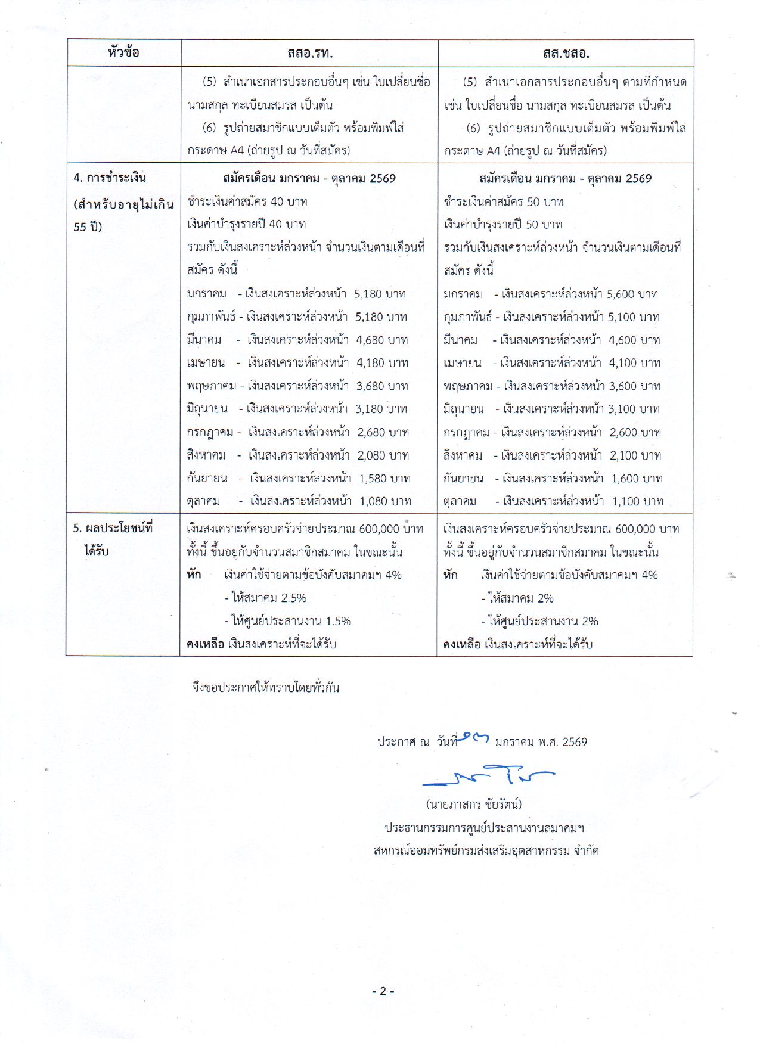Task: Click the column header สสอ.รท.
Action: [x=309, y=54]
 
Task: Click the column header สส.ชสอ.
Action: [x=566, y=54]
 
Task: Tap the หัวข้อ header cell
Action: [x=124, y=52]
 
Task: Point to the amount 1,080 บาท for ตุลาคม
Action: [x=385, y=501]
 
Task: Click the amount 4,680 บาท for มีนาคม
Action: [x=382, y=340]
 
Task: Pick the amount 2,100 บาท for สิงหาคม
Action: [x=635, y=455]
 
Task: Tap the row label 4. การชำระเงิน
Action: [x=110, y=178]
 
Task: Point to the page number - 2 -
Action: [x=383, y=991]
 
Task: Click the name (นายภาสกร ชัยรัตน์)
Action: [x=474, y=804]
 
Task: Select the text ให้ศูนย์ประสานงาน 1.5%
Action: [x=288, y=621]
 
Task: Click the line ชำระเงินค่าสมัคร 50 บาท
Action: [x=504, y=201]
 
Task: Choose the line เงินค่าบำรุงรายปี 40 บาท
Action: [x=246, y=224]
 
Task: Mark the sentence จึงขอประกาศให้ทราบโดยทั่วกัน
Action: [x=266, y=687]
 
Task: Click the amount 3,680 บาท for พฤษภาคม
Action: [x=382, y=386]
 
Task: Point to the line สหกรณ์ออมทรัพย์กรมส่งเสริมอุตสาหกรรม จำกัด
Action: [x=486, y=851]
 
